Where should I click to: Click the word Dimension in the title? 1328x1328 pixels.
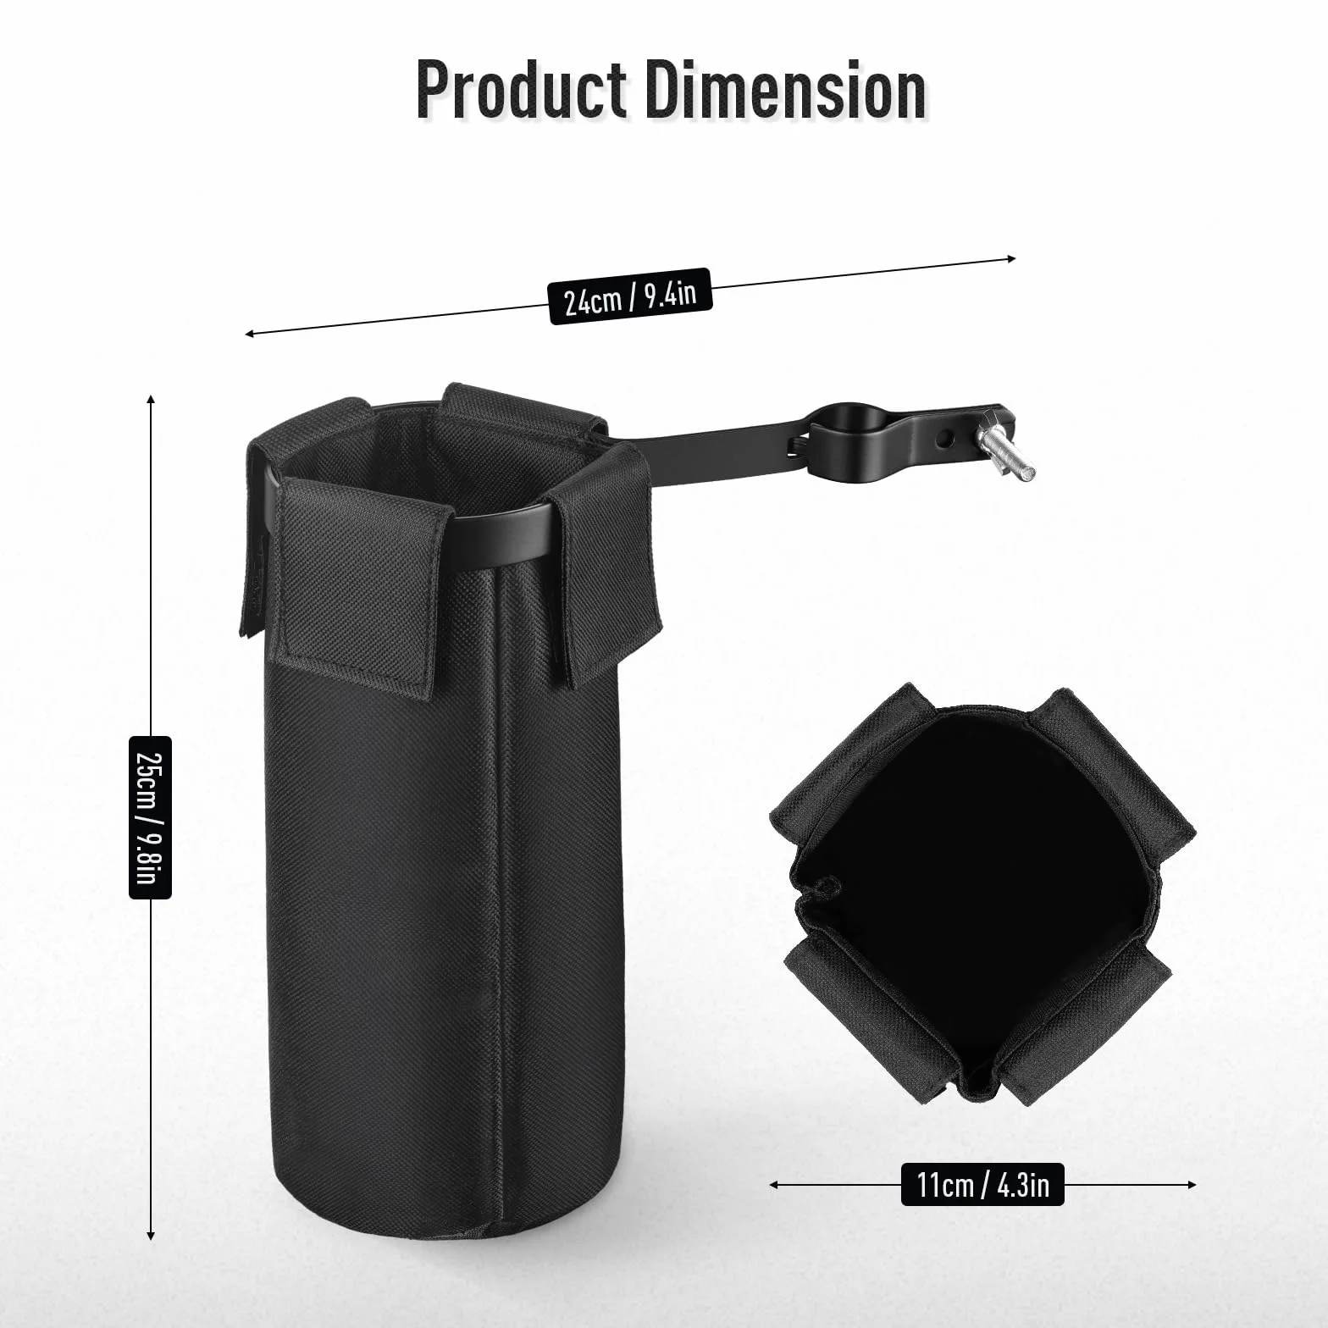tap(787, 90)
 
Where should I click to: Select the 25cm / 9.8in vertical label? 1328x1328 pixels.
tap(150, 816)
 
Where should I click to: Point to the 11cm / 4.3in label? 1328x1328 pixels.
tap(982, 1184)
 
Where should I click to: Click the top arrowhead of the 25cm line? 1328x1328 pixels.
tap(151, 400)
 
